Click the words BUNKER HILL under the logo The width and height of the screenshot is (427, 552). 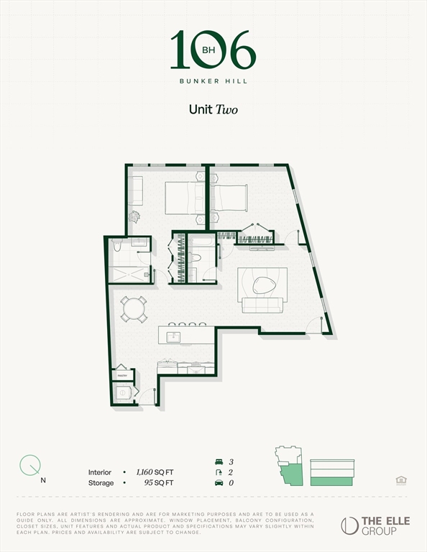coord(213,81)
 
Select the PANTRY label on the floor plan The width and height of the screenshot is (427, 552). coord(122,375)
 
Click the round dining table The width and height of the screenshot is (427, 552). coord(134,309)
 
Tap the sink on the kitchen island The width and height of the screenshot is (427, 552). coord(173,336)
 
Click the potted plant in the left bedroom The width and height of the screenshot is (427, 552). coord(134,215)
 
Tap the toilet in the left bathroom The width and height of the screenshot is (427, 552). coord(117,247)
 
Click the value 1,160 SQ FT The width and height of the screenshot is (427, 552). coord(155,472)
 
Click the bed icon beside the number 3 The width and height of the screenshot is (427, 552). coord(219,461)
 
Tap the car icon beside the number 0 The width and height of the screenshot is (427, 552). coord(219,483)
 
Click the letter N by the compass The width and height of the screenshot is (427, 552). coord(44,479)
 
